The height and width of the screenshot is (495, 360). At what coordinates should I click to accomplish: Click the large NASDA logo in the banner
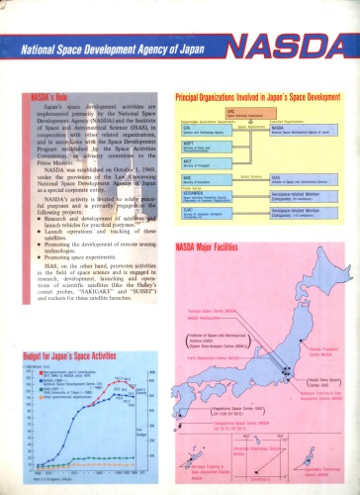pos(296,46)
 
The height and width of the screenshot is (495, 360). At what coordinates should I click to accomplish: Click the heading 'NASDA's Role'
pos(50,101)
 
